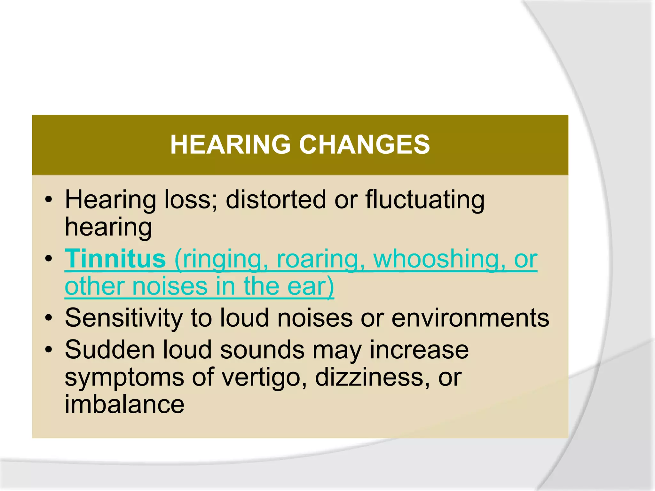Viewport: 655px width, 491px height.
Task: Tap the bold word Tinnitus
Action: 115,259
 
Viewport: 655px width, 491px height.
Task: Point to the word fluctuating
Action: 425,200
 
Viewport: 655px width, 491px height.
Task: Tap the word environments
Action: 470,318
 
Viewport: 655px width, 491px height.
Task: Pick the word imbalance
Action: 124,405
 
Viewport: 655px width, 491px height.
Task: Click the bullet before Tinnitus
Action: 49,259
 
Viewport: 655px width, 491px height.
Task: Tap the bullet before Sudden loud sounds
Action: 49,350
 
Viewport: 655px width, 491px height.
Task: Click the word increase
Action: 419,350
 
